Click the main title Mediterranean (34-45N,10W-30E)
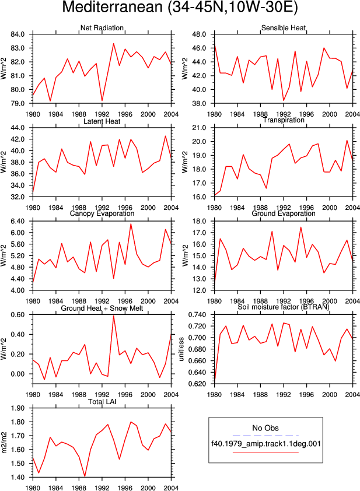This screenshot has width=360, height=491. pyautogui.click(x=180, y=8)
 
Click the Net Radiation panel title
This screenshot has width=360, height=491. pyautogui.click(x=102, y=28)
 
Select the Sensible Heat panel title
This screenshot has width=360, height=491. pyautogui.click(x=284, y=28)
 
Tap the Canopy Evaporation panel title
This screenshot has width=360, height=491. pyautogui.click(x=102, y=213)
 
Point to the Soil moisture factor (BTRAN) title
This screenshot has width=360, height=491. pyautogui.click(x=284, y=307)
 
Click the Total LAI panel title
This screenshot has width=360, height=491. pyautogui.click(x=102, y=402)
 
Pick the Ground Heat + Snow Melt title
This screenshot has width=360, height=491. pyautogui.click(x=102, y=308)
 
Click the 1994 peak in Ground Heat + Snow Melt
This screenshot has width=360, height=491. pyautogui.click(x=113, y=315)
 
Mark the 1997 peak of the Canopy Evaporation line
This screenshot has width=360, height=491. pyautogui.click(x=131, y=223)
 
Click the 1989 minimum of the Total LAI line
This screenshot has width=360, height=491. pyautogui.click(x=85, y=476)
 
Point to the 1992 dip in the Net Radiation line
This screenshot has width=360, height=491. pyautogui.click(x=102, y=100)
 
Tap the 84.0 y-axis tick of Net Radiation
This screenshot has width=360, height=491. pyautogui.click(x=18, y=34)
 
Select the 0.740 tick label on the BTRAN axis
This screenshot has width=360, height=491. pyautogui.click(x=197, y=315)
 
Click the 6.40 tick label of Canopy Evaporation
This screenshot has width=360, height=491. pyautogui.click(x=18, y=222)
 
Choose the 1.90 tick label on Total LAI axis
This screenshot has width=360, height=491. pyautogui.click(x=18, y=408)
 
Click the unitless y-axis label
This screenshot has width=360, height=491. pyautogui.click(x=181, y=349)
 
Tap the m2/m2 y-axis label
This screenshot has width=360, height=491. pyautogui.click(x=4, y=443)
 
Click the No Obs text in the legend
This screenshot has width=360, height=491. pyautogui.click(x=265, y=428)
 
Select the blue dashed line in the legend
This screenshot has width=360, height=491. pyautogui.click(x=265, y=436)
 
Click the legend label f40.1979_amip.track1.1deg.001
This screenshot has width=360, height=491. pyautogui.click(x=266, y=444)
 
